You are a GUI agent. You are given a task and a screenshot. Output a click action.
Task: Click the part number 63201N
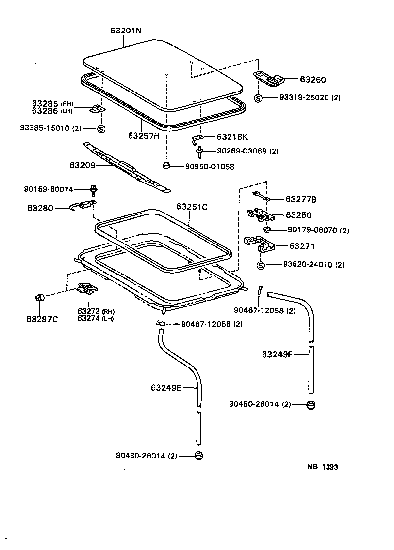[x=126, y=31]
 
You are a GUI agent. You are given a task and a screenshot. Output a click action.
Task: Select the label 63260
[x=313, y=80]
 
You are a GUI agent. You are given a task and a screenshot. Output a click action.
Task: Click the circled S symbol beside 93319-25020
[x=258, y=98]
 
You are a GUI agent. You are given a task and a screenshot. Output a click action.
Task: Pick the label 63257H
[x=144, y=135]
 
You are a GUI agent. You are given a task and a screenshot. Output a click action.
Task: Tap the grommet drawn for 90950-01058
[x=166, y=166]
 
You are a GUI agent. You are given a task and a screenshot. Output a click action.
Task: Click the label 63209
[x=82, y=165]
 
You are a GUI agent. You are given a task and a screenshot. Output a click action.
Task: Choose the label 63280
[x=40, y=208]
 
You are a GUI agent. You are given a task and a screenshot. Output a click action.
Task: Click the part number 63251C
[x=192, y=207]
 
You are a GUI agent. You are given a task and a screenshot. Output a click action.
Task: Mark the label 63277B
[x=301, y=199]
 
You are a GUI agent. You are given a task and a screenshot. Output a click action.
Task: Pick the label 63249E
[x=166, y=388]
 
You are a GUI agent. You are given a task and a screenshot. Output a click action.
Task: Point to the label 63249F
[x=278, y=354]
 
